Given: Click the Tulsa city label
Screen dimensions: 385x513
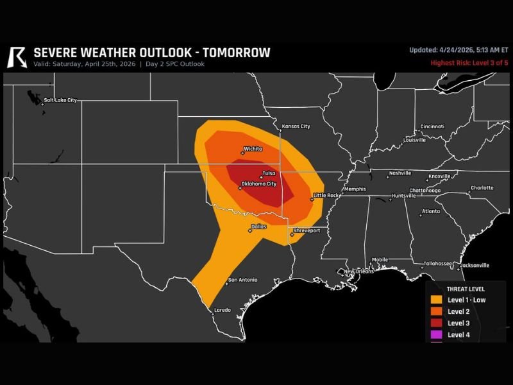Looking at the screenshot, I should pyautogui.click(x=269, y=173).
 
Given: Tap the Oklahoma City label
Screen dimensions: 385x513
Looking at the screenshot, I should pyautogui.click(x=258, y=184).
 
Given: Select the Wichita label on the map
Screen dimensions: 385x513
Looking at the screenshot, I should pyautogui.click(x=253, y=149).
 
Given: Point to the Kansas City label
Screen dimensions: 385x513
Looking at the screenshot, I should pyautogui.click(x=296, y=126).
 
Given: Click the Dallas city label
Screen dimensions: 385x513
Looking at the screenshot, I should pyautogui.click(x=259, y=227).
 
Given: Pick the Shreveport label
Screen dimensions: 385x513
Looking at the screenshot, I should pyautogui.click(x=307, y=230).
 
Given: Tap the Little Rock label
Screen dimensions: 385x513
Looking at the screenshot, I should pyautogui.click(x=326, y=195).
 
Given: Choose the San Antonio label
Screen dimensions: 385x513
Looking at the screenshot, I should pyautogui.click(x=243, y=280).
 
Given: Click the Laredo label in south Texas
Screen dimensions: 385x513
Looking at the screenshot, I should pyautogui.click(x=222, y=310).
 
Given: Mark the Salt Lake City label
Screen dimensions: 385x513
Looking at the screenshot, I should pyautogui.click(x=60, y=100).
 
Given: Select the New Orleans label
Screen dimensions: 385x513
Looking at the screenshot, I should pyautogui.click(x=359, y=271).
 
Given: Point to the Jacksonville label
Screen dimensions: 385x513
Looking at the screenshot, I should pyautogui.click(x=475, y=265).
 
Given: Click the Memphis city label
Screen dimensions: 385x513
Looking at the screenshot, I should pyautogui.click(x=355, y=189).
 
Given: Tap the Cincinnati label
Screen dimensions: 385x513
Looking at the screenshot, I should pyautogui.click(x=432, y=126).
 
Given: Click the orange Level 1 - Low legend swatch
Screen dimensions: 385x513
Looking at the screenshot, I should pyautogui.click(x=436, y=300).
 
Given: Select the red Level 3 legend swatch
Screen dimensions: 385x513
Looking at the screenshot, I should pyautogui.click(x=436, y=323).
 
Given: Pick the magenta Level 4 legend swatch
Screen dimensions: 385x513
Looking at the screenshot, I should pyautogui.click(x=436, y=334).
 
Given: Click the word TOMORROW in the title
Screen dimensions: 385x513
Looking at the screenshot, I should pyautogui.click(x=236, y=53).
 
